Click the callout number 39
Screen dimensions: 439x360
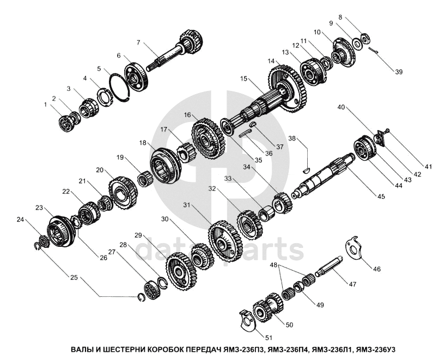398,72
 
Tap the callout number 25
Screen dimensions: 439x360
74,277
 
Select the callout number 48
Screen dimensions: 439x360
274,265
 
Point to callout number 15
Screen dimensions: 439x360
243,78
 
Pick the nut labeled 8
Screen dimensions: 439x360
365,38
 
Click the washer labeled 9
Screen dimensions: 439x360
357,44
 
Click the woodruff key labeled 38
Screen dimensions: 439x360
307,169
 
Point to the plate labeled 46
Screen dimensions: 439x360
353,248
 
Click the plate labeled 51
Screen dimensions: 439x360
248,321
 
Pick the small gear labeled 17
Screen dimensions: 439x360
185,152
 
